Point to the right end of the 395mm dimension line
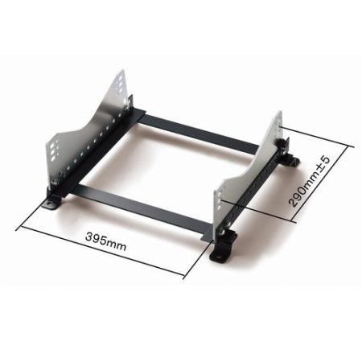tap(186, 274)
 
